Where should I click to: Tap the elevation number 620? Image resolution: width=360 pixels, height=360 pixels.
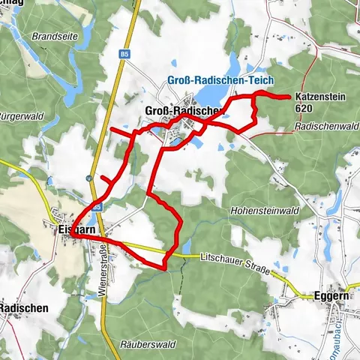(304, 109)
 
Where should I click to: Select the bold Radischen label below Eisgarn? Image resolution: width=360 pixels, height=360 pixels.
(24, 307)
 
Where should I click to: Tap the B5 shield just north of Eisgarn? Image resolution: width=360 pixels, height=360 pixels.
(97, 204)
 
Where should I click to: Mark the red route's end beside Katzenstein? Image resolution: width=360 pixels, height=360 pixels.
(289, 97)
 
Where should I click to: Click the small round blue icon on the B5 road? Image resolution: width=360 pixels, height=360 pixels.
(88, 178)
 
